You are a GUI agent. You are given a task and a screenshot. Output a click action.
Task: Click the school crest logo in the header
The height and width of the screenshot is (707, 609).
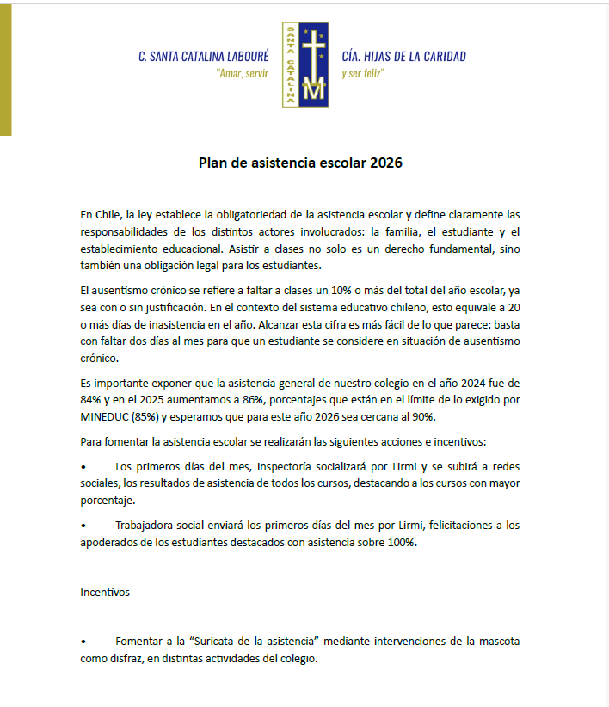coord(304,65)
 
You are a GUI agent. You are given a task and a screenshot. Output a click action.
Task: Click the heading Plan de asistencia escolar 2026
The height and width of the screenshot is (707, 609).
coord(300,163)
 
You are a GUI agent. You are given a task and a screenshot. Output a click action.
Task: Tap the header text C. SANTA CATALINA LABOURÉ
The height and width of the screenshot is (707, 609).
coord(203,57)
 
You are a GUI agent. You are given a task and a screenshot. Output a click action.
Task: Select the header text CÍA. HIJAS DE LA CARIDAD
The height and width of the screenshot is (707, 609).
coord(403,57)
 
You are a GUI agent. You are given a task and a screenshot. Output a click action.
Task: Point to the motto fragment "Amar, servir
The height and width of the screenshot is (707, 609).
coord(243,74)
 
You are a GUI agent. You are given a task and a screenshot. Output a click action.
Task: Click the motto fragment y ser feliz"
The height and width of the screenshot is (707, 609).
coord(362,74)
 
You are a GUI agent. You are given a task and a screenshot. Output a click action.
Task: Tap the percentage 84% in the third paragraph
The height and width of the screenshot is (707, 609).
coord(92,400)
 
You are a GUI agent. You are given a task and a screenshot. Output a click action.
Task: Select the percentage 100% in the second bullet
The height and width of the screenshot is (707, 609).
coord(400,542)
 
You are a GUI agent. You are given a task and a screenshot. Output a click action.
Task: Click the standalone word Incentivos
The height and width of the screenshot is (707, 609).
coord(106,592)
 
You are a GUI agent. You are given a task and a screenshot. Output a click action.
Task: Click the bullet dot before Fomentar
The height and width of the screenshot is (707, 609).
coord(83,642)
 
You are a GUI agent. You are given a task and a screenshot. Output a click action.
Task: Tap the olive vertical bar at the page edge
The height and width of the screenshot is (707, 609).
coord(5,69)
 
